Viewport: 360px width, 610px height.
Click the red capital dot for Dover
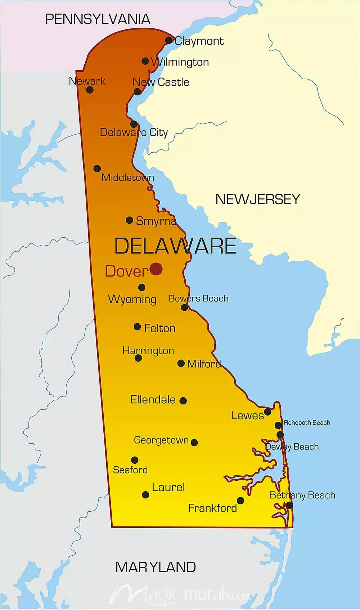pos(156,269)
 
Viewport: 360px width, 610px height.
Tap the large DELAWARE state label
pos(175,246)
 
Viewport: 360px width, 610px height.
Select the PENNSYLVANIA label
pos(98,19)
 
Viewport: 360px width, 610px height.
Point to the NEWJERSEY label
pos(257,199)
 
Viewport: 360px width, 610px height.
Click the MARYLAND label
pos(156,567)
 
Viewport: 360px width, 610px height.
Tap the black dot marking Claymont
pos(169,40)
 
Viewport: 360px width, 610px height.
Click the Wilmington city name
pos(180,62)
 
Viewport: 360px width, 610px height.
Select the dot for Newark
pos(90,90)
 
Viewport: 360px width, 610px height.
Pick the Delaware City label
pos(134,133)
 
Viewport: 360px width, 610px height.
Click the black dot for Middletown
pos(97,168)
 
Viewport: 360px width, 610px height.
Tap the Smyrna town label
pos(156,221)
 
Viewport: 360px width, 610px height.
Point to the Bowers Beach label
pos(198,299)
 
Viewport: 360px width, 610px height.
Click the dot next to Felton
pos(137,327)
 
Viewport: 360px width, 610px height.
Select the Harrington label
pos(148,350)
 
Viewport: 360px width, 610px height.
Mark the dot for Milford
pos(181,363)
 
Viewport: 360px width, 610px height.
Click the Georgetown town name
pos(161,440)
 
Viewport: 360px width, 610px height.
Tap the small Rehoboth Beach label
pos(307,423)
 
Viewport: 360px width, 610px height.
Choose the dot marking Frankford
pos(240,501)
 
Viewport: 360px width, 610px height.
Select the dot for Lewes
pos(267,411)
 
